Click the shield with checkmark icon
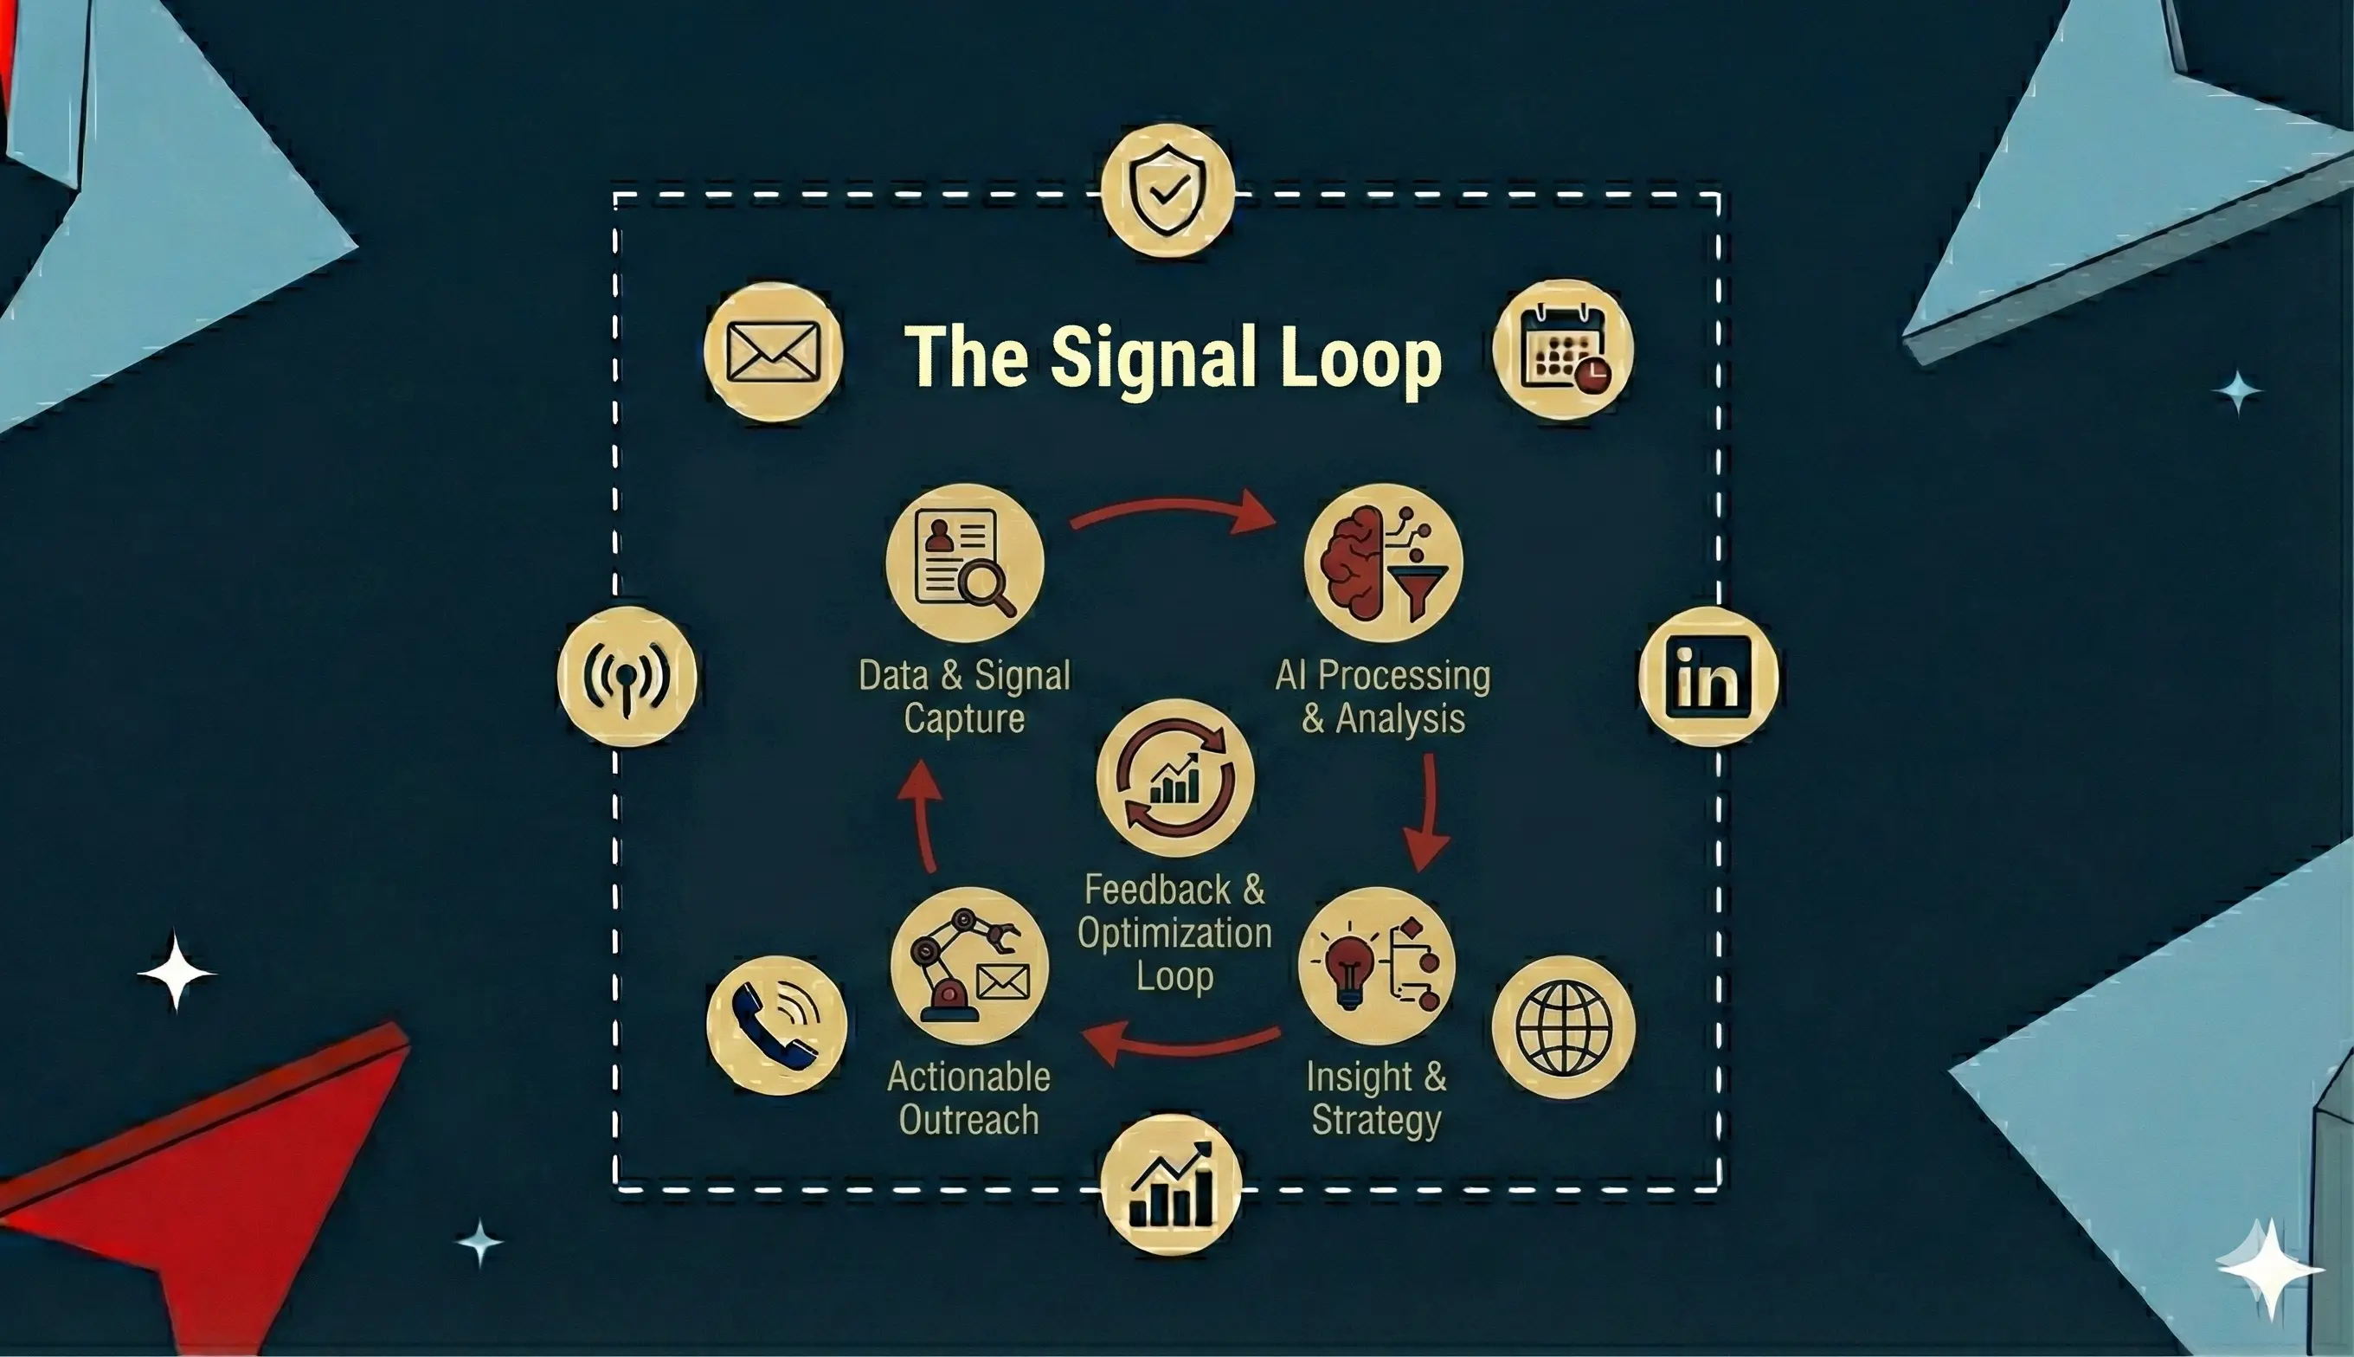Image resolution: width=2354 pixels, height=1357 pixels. click(1167, 190)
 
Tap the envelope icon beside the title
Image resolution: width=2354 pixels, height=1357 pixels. click(773, 351)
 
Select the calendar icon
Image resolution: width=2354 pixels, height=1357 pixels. click(1563, 350)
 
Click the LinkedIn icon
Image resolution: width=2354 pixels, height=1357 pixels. click(1708, 677)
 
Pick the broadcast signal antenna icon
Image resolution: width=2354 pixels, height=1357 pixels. click(627, 677)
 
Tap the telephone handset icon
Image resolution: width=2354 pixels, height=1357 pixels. click(776, 1026)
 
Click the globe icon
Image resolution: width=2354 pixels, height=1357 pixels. click(1563, 1027)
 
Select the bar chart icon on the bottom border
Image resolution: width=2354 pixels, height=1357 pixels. click(1172, 1185)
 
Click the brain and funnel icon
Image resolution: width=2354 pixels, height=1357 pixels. click(1383, 563)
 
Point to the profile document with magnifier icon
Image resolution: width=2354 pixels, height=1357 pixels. click(964, 563)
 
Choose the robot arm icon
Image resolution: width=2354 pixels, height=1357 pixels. click(969, 966)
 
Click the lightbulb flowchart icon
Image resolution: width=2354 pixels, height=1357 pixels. click(1376, 966)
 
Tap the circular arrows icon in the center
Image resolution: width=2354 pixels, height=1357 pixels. click(1175, 778)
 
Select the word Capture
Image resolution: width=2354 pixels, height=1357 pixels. click(964, 718)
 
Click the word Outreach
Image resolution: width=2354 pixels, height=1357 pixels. click(969, 1120)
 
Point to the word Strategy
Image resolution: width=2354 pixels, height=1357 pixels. click(1376, 1120)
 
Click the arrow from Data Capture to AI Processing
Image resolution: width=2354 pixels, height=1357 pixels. click(1174, 511)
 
